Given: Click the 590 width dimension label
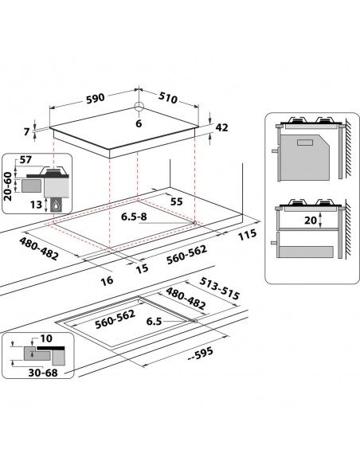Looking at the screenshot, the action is click(x=96, y=99).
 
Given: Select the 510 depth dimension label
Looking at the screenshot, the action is click(x=168, y=98).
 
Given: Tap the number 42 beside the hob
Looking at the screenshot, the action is click(x=221, y=127).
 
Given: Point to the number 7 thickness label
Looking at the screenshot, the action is click(x=27, y=131).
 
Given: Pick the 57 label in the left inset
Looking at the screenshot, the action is click(x=25, y=160).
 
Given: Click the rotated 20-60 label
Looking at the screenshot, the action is click(x=8, y=186).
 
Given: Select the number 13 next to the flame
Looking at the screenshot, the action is click(x=36, y=205).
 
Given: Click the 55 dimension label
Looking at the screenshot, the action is click(x=177, y=201).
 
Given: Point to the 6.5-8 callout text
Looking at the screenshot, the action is click(x=134, y=217).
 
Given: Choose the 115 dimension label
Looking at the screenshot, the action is click(x=247, y=235).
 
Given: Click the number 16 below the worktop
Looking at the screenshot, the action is click(x=107, y=280).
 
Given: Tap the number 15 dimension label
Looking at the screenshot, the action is click(x=142, y=268).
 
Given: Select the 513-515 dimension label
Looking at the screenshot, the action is click(x=219, y=288).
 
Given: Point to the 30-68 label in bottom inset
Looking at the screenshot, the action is click(x=43, y=373).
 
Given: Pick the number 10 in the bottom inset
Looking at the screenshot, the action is click(x=46, y=338).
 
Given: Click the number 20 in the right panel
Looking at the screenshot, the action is click(x=311, y=220).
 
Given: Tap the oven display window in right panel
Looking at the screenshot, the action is click(x=305, y=143).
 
